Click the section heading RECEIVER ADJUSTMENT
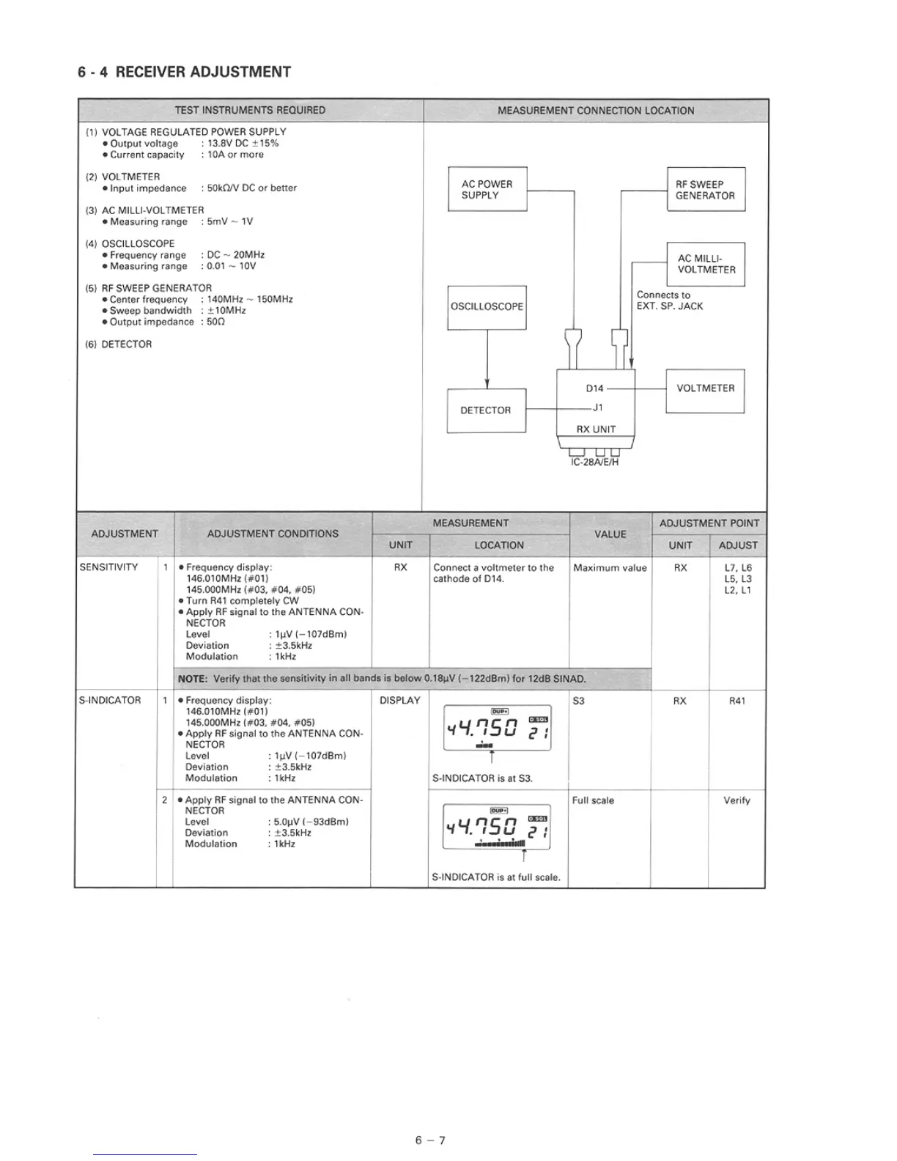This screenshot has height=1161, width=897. [x=203, y=72]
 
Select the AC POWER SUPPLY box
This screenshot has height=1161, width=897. [x=487, y=189]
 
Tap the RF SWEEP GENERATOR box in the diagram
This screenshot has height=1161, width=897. [x=705, y=190]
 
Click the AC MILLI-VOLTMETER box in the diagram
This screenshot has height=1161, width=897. [x=706, y=264]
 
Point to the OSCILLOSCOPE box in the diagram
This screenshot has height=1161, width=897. [x=487, y=306]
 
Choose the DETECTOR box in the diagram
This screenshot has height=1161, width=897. [x=486, y=410]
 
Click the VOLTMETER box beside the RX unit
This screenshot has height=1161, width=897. [x=705, y=388]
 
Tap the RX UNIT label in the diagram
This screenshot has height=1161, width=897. [x=596, y=430]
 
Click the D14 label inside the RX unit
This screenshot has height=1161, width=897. [x=594, y=388]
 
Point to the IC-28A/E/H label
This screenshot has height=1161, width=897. [x=595, y=462]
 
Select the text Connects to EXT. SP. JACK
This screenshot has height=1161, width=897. [x=669, y=301]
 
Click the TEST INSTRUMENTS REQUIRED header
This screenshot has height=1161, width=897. [x=250, y=111]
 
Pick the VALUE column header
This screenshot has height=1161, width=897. [x=610, y=534]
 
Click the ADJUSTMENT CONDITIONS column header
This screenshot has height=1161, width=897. [x=273, y=534]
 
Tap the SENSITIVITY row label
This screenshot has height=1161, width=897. [x=108, y=567]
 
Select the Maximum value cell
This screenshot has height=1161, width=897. [x=610, y=568]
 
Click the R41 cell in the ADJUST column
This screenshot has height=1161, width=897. [x=737, y=701]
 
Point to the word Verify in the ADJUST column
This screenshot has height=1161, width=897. [x=737, y=800]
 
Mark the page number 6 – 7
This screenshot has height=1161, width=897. [x=430, y=1140]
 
